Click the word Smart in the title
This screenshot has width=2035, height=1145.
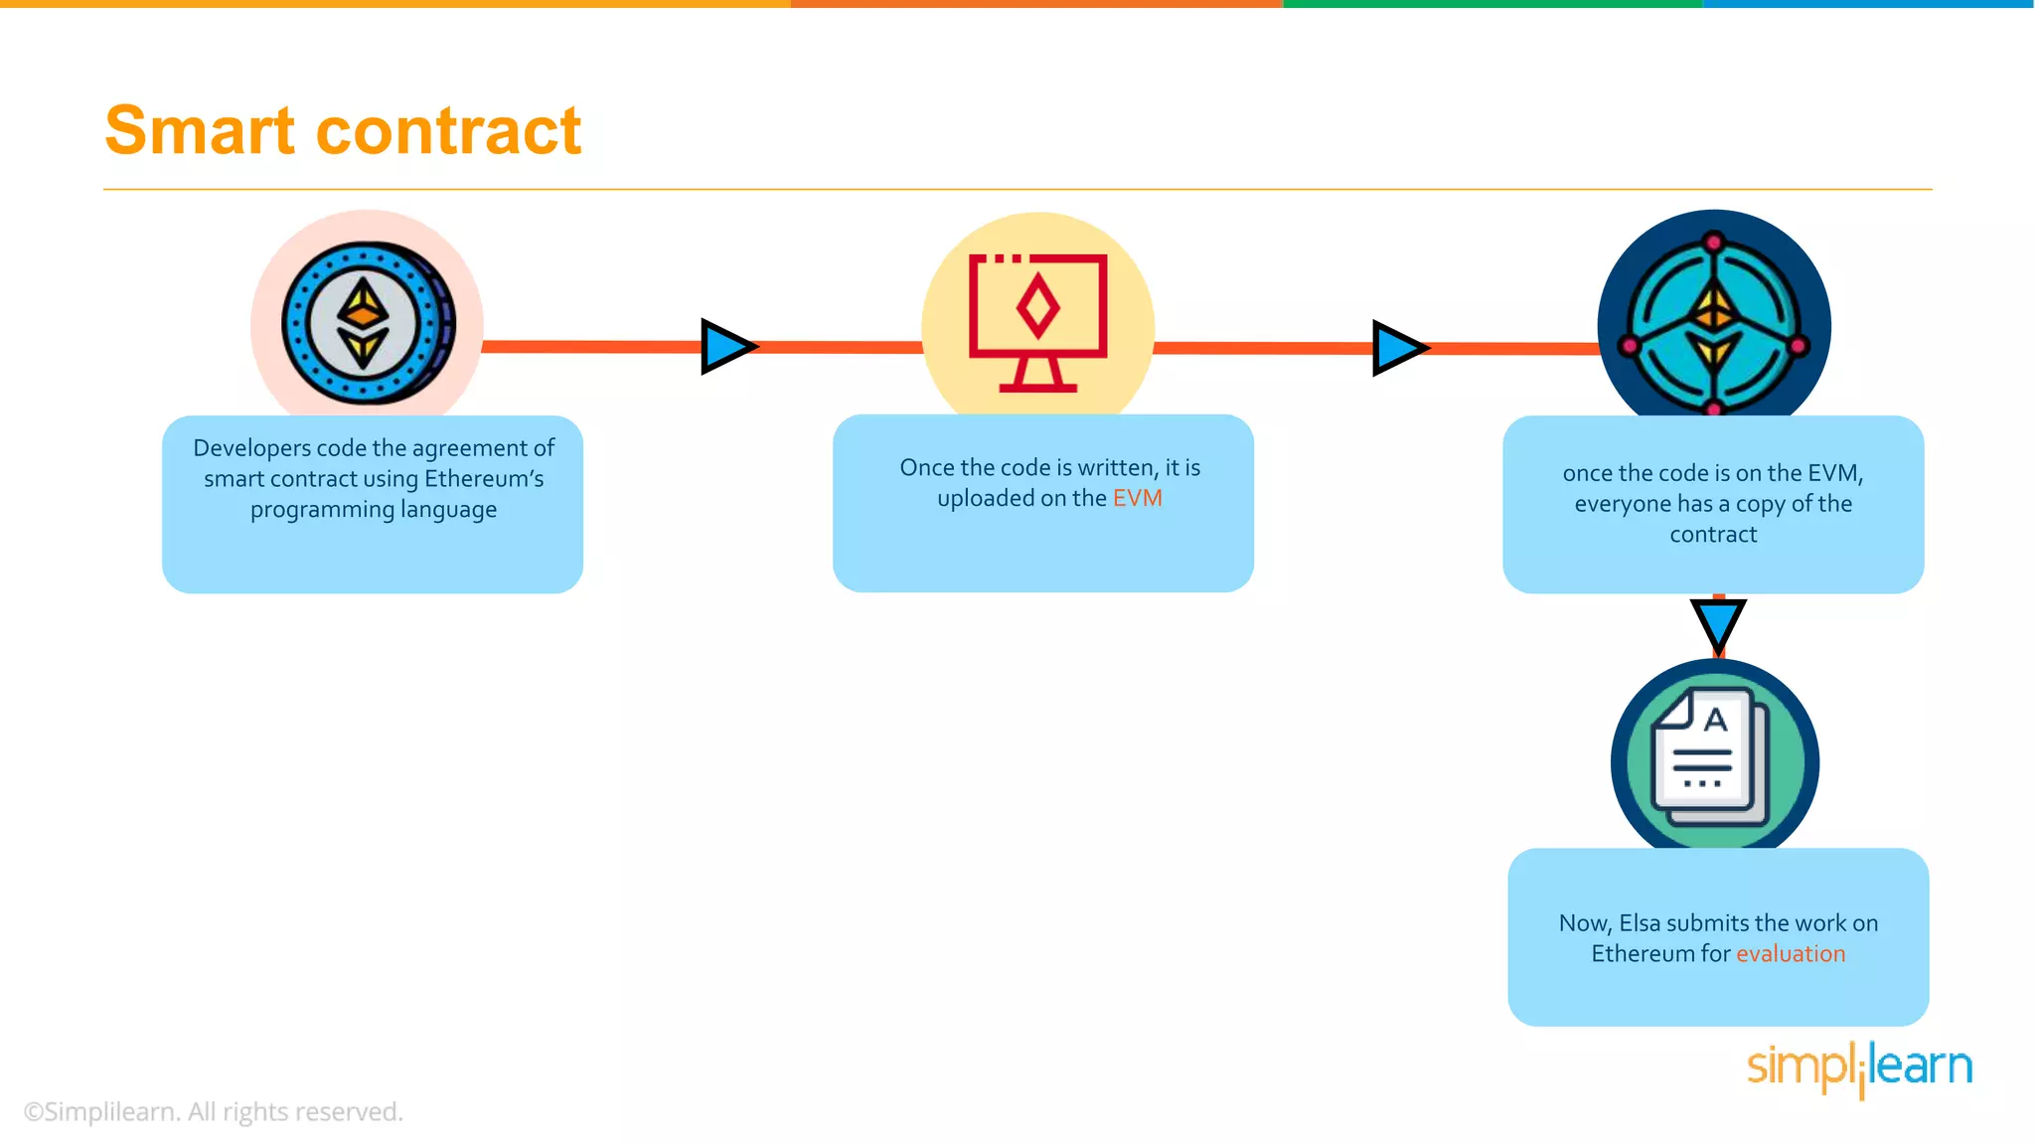[x=200, y=131]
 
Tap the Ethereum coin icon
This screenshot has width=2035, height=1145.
[x=368, y=323]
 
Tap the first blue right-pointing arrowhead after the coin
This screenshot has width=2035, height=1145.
[x=726, y=347]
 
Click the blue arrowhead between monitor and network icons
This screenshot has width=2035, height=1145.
[x=1397, y=348]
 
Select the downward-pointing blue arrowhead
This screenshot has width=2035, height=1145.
[x=1718, y=623]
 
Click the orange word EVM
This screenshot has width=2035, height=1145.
[x=1137, y=498]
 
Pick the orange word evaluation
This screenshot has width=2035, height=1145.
[x=1791, y=954]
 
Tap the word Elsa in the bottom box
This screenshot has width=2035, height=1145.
[x=1640, y=923]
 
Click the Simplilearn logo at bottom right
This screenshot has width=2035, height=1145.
[x=1859, y=1067]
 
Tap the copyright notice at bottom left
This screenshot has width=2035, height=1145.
[x=213, y=1111]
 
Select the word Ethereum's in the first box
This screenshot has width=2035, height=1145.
[x=484, y=479]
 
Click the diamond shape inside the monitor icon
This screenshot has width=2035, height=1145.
[x=1037, y=308]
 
